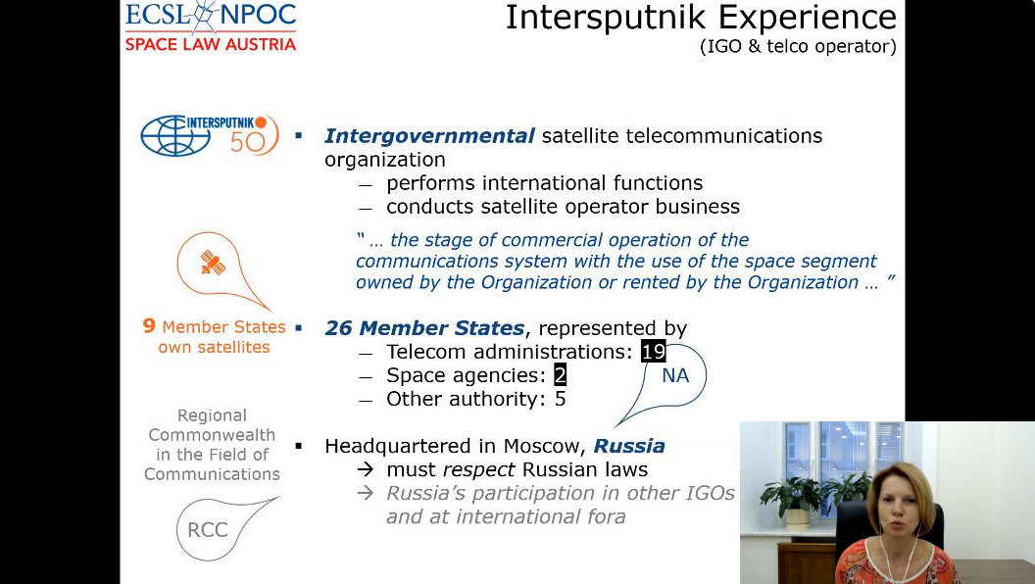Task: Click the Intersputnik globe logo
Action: [x=174, y=135]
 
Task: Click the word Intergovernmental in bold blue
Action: [x=429, y=136]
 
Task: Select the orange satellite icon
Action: [x=213, y=263]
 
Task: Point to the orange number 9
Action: [x=149, y=326]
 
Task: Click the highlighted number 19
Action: [x=654, y=352]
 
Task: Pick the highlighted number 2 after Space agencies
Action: [x=560, y=375]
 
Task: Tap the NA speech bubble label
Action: [x=675, y=375]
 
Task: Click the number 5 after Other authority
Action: [x=561, y=399]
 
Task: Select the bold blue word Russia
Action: [x=629, y=446]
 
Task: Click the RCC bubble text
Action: [x=207, y=530]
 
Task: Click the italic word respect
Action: [x=479, y=469]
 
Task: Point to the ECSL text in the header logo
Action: [x=159, y=15]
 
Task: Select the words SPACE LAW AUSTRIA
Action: [x=211, y=44]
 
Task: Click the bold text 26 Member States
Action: [x=425, y=328]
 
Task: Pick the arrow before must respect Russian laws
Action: [x=365, y=469]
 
